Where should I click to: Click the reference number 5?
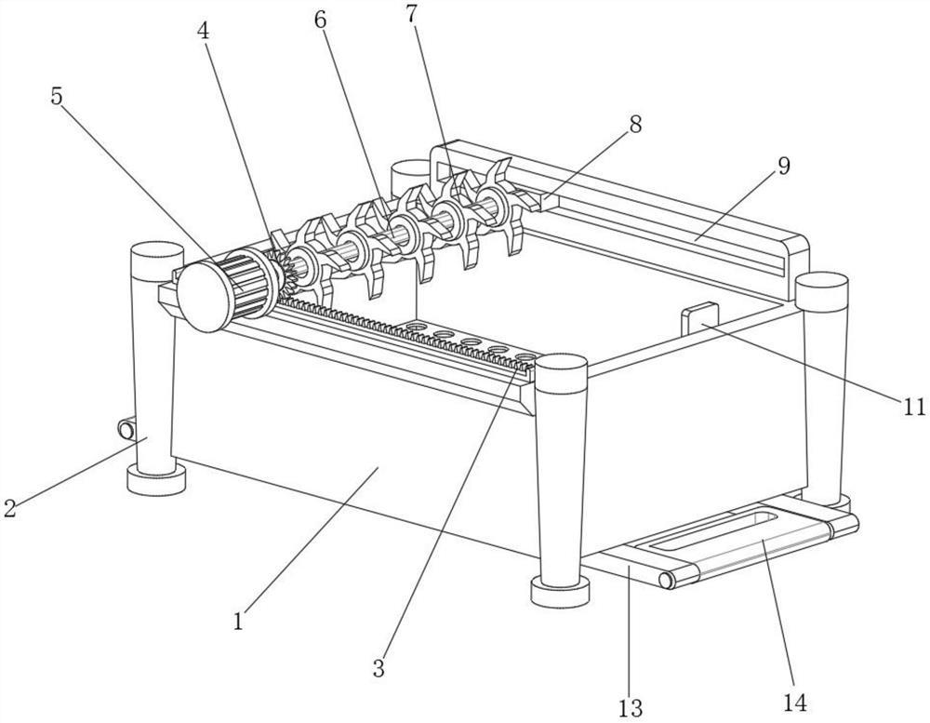click(x=57, y=97)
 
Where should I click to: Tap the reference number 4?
click(x=204, y=32)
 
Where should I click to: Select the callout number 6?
click(x=320, y=20)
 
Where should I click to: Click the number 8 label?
click(x=635, y=125)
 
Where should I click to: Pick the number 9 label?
click(x=783, y=167)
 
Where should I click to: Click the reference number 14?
click(x=795, y=703)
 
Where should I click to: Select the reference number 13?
click(x=631, y=707)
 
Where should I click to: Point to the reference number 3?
click(x=379, y=668)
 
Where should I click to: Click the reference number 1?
click(x=238, y=622)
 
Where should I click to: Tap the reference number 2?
click(x=9, y=508)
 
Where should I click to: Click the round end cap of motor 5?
click(x=204, y=296)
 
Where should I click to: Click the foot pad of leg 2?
click(x=156, y=479)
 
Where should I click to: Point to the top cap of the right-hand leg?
click(x=822, y=290)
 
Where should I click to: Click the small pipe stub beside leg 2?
click(x=126, y=429)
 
